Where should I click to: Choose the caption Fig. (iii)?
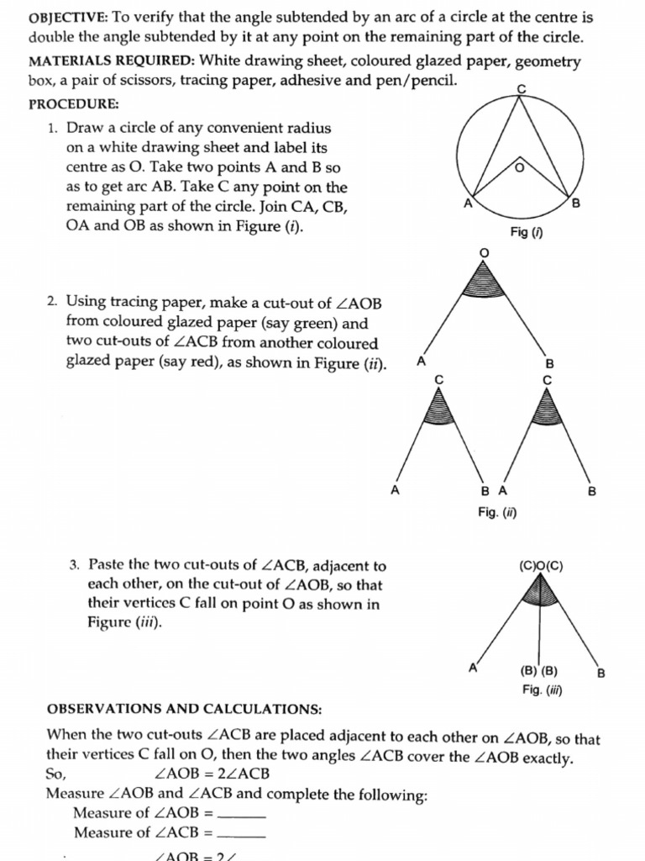pyautogui.click(x=542, y=690)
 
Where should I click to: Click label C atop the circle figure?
pyautogui.click(x=522, y=88)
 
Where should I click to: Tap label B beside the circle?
pyautogui.click(x=576, y=204)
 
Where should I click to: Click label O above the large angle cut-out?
pyautogui.click(x=483, y=252)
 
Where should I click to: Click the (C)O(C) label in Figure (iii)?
pyautogui.click(x=541, y=566)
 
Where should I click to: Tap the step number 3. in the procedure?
pyautogui.click(x=75, y=565)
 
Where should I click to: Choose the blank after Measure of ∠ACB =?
pyautogui.click(x=241, y=834)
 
